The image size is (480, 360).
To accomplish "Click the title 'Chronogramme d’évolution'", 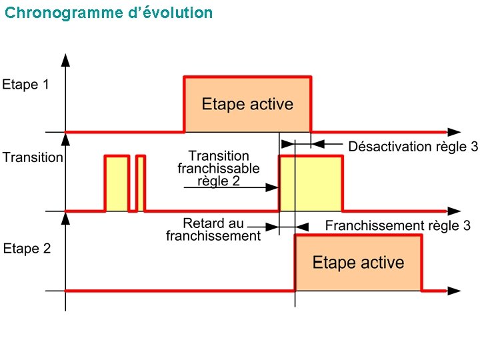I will pos(109,13).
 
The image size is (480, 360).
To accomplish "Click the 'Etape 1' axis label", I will pos(25,85).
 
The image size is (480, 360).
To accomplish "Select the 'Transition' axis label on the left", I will pos(33,158).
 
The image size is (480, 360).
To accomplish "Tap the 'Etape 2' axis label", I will pos(27,249).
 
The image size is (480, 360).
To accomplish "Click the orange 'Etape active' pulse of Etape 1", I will pos(247,105).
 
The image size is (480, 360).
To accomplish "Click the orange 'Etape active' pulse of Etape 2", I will pos(358,262).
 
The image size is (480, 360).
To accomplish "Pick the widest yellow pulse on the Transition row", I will pos(311,183).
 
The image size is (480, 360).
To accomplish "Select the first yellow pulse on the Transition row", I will pos(117,183).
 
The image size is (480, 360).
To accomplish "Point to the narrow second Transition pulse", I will pos(141,183).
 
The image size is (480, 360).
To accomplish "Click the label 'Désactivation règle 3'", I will pos(413,147).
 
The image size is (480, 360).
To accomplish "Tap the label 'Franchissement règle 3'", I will pos(397,225).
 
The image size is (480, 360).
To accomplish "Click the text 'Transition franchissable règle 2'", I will pos(219,169).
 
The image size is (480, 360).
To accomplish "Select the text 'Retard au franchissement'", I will pos(213,229).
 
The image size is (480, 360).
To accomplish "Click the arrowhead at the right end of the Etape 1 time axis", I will pos(454,132).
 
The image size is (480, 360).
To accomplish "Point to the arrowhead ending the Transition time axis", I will pos(454,211).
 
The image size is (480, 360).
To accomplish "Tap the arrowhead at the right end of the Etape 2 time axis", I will pos(454,291).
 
